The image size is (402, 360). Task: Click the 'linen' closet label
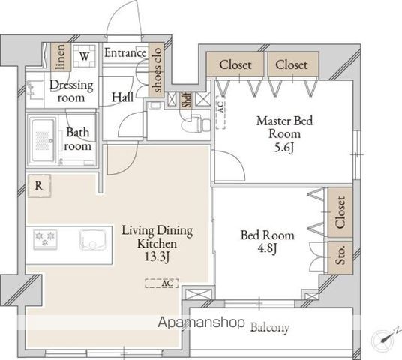pyautogui.click(x=61, y=56)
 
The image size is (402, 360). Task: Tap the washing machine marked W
pyautogui.click(x=84, y=56)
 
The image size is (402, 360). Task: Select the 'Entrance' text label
pyautogui.click(x=125, y=53)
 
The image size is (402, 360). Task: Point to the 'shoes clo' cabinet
pyautogui.click(x=157, y=70)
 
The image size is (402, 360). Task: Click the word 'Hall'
pyautogui.click(x=122, y=97)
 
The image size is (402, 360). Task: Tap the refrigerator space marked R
pyautogui.click(x=39, y=186)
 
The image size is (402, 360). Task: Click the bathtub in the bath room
pyautogui.click(x=43, y=140)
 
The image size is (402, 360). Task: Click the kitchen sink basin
pyautogui.click(x=93, y=239)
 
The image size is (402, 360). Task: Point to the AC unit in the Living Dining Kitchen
pyautogui.click(x=161, y=283)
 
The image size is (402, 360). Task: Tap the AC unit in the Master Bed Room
pyautogui.click(x=220, y=112)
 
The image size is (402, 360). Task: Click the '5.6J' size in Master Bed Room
pyautogui.click(x=284, y=148)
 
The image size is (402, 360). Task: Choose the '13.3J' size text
pyautogui.click(x=157, y=256)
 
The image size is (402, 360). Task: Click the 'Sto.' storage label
pyautogui.click(x=340, y=256)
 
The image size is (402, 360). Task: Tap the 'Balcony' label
pyautogui.click(x=270, y=327)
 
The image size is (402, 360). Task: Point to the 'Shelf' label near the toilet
pyautogui.click(x=187, y=100)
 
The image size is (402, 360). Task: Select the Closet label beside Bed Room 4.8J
pyautogui.click(x=340, y=212)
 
